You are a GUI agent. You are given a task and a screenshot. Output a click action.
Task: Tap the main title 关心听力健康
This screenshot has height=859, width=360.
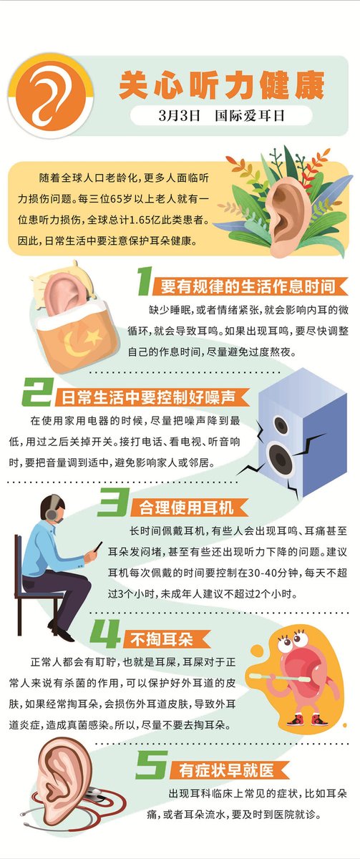point(221,84)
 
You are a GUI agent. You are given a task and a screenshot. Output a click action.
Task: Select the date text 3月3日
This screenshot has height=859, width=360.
point(180,115)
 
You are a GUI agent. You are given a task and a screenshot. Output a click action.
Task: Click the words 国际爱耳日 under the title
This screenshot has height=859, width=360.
point(250,115)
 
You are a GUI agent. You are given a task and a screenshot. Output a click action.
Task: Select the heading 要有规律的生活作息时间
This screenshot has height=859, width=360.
point(248,286)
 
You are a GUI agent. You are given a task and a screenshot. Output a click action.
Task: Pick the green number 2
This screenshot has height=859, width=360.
point(37,392)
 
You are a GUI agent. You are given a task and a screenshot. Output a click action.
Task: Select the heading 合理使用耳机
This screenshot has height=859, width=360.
point(186,508)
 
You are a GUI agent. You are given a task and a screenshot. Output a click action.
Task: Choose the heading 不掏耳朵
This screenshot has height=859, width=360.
point(162,639)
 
